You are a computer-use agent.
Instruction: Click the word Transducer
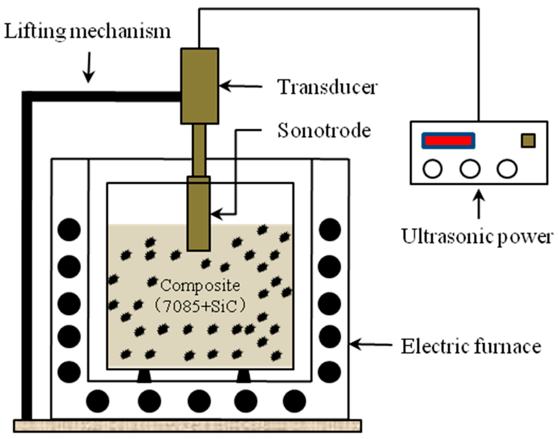[328, 87]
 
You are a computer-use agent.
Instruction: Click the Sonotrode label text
[324, 130]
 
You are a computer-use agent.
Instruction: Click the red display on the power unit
[448, 141]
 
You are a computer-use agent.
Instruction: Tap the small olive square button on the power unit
[528, 141]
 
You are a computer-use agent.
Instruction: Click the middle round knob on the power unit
[470, 169]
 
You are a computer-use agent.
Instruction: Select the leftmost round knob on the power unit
[433, 169]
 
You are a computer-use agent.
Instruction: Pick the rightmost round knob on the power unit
[507, 169]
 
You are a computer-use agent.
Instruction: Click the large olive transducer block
[200, 86]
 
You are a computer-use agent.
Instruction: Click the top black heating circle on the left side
[69, 230]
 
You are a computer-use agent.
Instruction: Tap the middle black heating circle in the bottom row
[199, 401]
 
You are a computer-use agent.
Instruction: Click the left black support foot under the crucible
[144, 376]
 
